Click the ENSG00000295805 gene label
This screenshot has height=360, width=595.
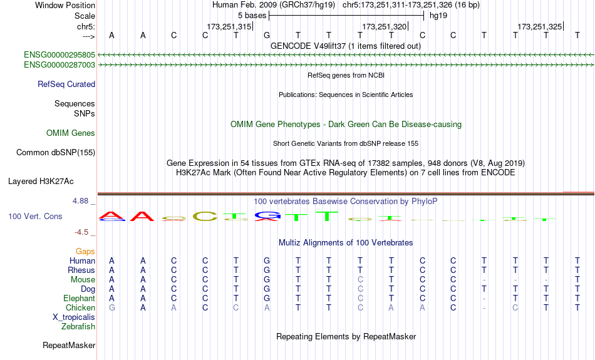point(59,55)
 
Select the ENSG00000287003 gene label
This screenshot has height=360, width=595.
point(59,65)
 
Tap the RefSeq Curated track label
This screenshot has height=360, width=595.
point(66,85)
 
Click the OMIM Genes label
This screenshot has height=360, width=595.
point(71,133)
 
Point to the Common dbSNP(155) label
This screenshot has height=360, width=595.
point(56,153)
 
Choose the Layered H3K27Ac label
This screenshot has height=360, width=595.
point(41,182)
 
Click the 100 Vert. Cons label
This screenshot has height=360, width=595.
point(35,216)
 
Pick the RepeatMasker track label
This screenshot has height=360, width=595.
point(69,345)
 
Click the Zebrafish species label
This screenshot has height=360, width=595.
point(78,327)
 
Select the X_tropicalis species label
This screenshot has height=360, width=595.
point(74,317)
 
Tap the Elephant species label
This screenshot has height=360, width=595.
point(80,299)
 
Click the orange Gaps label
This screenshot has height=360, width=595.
point(85,252)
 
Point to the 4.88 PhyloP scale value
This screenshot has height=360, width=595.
point(80,201)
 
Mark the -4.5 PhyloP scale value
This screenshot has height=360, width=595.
point(81,232)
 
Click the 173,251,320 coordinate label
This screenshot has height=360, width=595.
point(385,26)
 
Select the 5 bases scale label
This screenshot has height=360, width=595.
point(252,16)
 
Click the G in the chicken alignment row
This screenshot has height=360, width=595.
point(112,307)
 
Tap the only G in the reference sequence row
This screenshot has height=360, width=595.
point(267,35)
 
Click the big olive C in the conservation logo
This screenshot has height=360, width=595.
point(205,217)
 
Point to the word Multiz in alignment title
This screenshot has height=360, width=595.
point(289,243)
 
